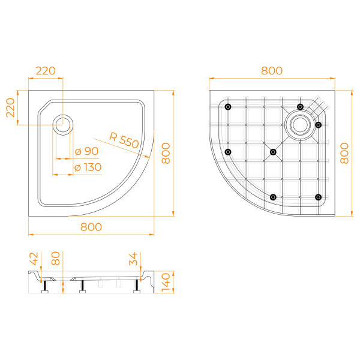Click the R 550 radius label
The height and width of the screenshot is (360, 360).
tap(124, 139)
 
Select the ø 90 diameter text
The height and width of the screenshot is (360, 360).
tap(86, 151)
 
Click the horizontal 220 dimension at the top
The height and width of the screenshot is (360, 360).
tap(46, 70)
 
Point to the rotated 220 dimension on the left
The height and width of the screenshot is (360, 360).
tap(10, 108)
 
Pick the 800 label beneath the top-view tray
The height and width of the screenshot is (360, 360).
tap(91, 226)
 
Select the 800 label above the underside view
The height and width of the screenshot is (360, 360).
tap(271, 70)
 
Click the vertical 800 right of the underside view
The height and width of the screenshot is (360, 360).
tap(346, 153)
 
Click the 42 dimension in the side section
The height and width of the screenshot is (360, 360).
tap(34, 259)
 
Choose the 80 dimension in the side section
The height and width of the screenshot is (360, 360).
tap(56, 259)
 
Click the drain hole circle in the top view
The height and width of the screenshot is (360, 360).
tap(63, 125)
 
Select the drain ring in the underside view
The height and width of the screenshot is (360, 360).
tap(299, 125)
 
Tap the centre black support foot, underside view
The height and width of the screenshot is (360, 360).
tap(273, 152)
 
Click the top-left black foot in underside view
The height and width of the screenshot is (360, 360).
tap(228, 107)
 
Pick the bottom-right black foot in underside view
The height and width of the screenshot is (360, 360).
tap(318, 197)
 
